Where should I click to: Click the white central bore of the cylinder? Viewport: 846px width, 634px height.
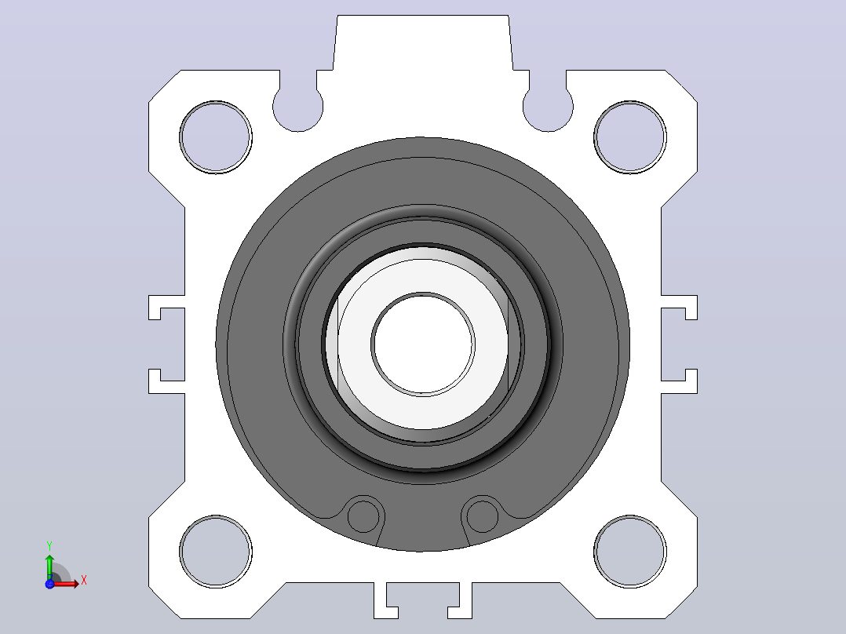423,344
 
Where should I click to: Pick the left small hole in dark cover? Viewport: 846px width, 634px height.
363,516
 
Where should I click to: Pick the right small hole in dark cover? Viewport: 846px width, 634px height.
483,516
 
